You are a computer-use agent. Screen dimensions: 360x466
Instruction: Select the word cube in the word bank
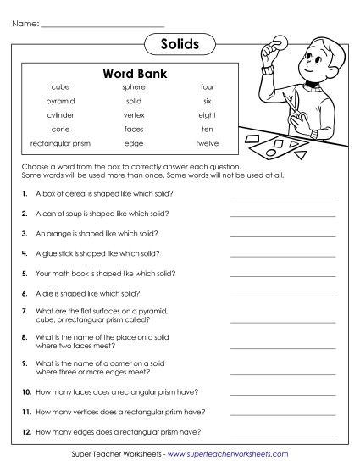pyautogui.click(x=60, y=87)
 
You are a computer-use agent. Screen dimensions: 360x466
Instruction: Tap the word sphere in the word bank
pyautogui.click(x=134, y=87)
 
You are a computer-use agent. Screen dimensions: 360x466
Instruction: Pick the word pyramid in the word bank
pyautogui.click(x=60, y=101)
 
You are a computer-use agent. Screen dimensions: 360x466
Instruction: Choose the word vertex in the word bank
pyautogui.click(x=134, y=115)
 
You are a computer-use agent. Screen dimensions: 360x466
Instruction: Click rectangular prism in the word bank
pyautogui.click(x=60, y=143)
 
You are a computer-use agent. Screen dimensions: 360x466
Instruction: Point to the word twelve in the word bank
pyautogui.click(x=208, y=143)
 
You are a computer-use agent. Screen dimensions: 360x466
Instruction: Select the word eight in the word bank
pyautogui.click(x=208, y=115)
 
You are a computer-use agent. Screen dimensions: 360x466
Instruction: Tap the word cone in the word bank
pyautogui.click(x=60, y=130)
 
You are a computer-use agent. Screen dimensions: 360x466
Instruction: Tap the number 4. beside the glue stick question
pyautogui.click(x=25, y=253)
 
